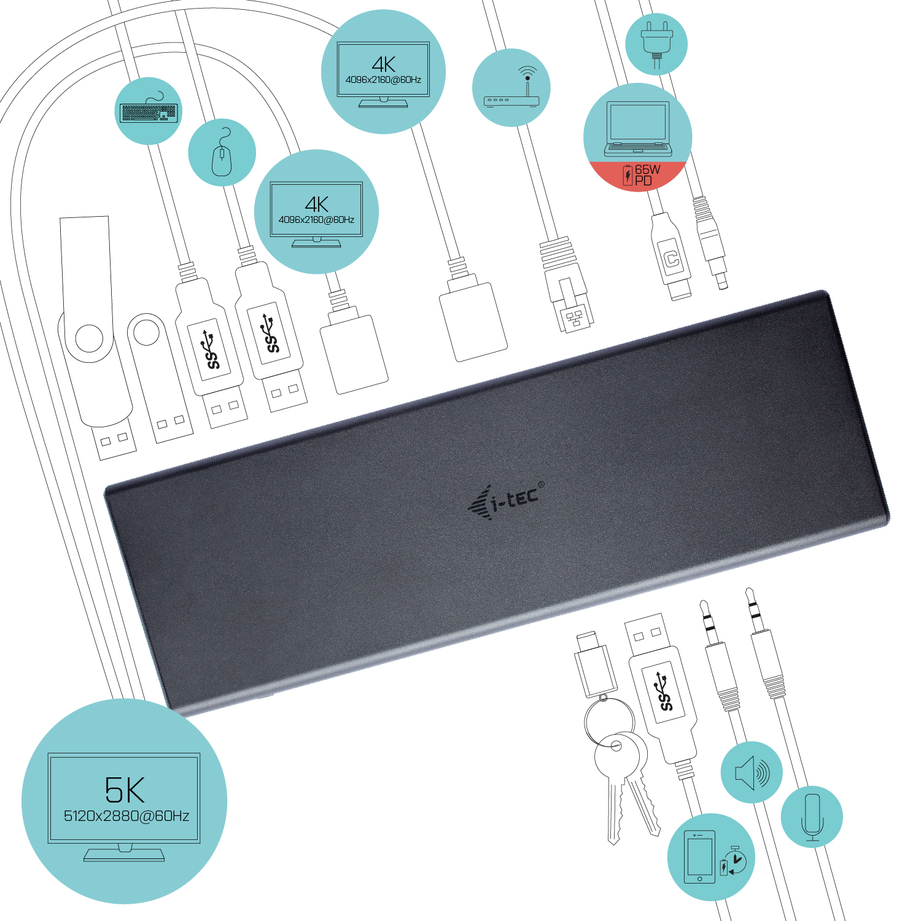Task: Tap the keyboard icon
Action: pos(149,111)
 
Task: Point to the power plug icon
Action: pos(656,42)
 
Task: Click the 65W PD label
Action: pos(642,175)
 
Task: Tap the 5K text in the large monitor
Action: pos(125,790)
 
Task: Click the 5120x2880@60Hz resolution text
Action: pos(126,816)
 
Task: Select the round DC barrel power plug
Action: pos(710,243)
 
